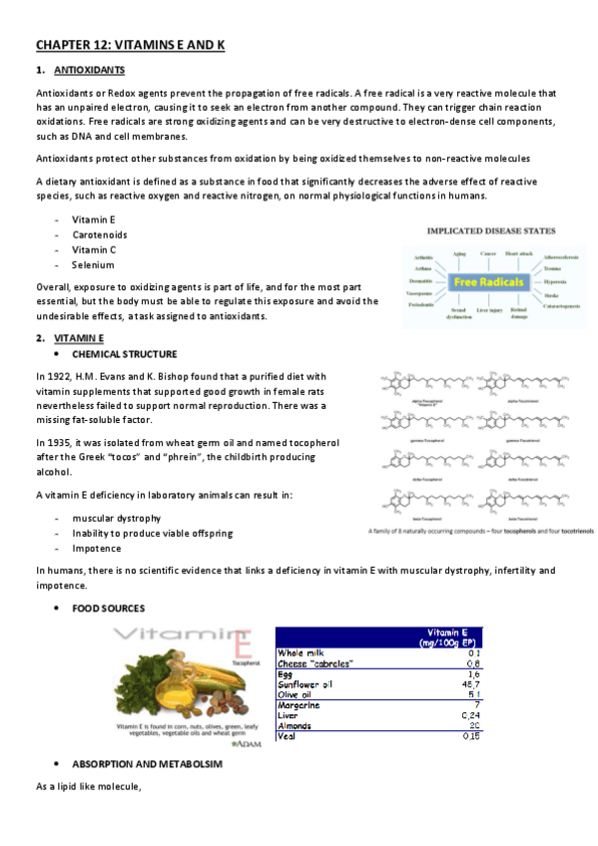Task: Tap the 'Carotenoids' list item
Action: [x=99, y=234]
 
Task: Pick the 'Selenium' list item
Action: [x=93, y=265]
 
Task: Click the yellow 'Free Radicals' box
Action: [x=489, y=282]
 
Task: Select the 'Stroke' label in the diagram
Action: [x=552, y=295]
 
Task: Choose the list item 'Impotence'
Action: [x=96, y=549]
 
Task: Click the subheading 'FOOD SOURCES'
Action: [x=108, y=608]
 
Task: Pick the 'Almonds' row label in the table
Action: [x=296, y=726]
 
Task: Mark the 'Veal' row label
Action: [x=288, y=736]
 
